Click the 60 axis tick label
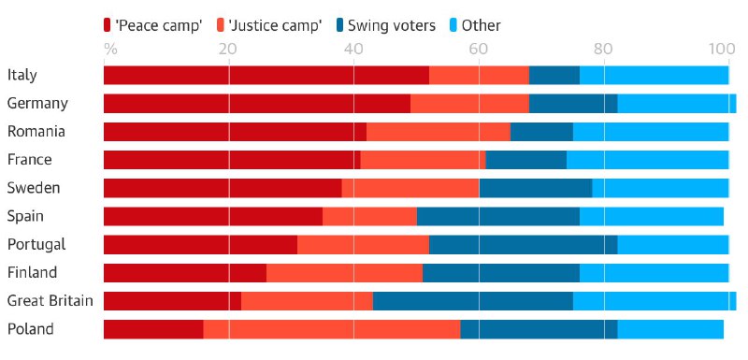click(x=477, y=48)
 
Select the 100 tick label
click(x=723, y=48)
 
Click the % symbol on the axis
click(x=110, y=48)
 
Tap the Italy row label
click(x=22, y=75)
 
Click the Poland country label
click(x=30, y=329)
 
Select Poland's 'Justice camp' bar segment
click(x=331, y=329)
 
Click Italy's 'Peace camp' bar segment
click(x=266, y=76)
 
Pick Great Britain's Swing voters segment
click(x=472, y=301)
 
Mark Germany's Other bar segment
click(x=676, y=104)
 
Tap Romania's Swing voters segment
click(x=541, y=132)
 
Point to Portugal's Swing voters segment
click(x=523, y=245)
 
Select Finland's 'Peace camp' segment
click(x=184, y=273)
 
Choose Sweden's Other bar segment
click(x=660, y=188)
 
